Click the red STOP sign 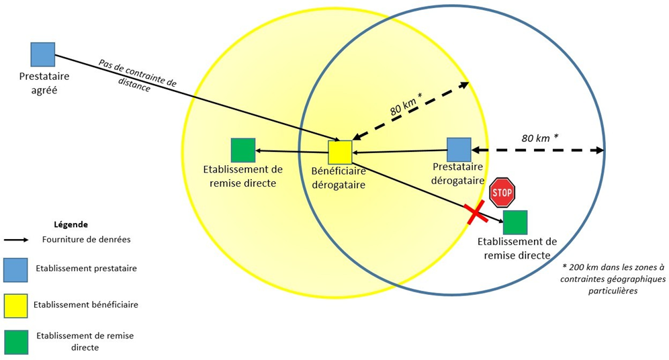pos(502,193)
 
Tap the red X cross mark pos(476,214)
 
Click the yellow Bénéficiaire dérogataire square pos(340,152)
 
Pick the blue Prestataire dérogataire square pos(459,150)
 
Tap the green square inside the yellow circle pos(242,150)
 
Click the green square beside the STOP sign pos(515,222)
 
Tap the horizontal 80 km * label pos(540,138)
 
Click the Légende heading pos(71,224)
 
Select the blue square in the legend pos(15,269)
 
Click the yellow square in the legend pos(15,305)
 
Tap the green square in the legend pos(15,341)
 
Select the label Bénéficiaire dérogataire pos(339,177)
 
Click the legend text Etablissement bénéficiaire pos(87,304)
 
